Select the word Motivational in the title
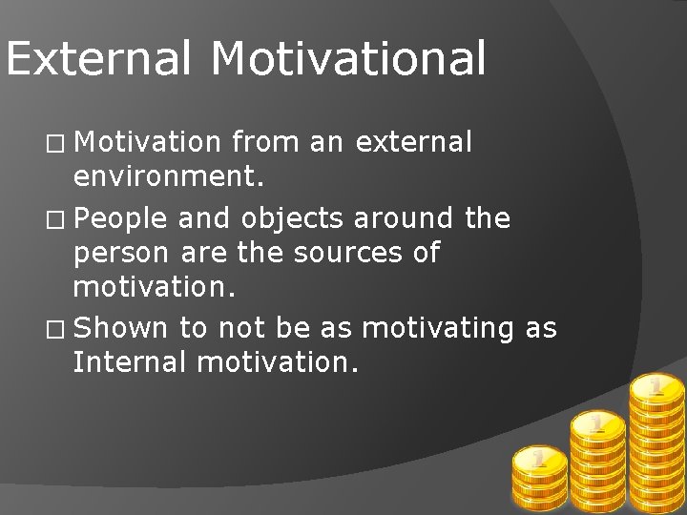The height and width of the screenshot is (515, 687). coord(348,58)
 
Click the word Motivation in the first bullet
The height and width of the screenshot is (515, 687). coord(147,142)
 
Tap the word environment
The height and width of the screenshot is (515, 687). coord(168,176)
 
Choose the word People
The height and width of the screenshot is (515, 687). coord(120,219)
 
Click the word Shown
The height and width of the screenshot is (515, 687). coord(120,328)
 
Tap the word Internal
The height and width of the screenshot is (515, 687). coord(133,362)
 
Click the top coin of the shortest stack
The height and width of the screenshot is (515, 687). coord(539,461)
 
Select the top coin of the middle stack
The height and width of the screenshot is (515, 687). coord(597,422)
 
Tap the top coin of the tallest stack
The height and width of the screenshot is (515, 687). coord(656,386)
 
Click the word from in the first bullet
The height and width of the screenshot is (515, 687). coord(262,142)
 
